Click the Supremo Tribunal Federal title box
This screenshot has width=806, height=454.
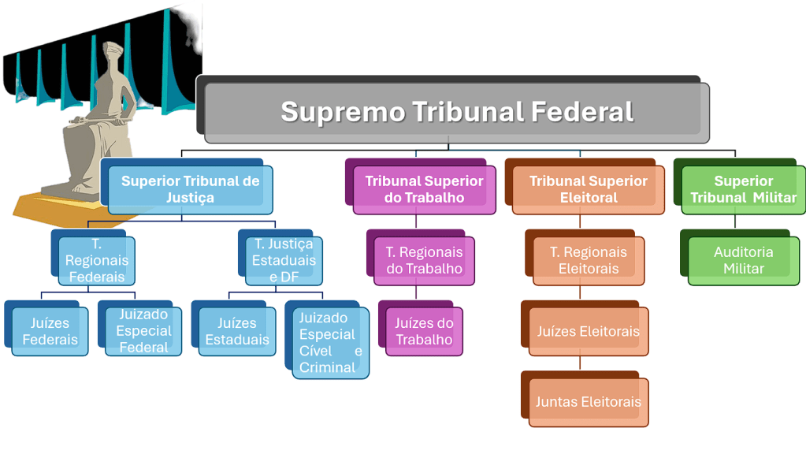(457, 112)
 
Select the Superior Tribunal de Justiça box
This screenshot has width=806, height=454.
(190, 189)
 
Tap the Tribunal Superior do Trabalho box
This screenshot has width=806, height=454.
(424, 189)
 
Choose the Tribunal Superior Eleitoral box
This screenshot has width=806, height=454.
(588, 189)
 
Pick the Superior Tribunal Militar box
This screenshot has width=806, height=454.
(743, 189)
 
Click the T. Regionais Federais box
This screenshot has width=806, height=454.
(96, 260)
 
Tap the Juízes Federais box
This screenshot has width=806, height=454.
(50, 331)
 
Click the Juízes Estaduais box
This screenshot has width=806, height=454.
(236, 331)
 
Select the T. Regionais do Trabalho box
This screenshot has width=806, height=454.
(424, 260)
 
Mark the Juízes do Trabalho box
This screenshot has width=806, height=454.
(424, 331)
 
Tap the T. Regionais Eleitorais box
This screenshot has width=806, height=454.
(588, 260)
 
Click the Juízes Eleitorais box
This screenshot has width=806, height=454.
(588, 332)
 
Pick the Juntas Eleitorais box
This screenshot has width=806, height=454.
(588, 402)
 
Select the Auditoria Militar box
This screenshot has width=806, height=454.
(743, 260)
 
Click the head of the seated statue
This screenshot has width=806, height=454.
(112, 57)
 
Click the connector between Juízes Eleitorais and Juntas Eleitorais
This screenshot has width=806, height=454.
(581, 363)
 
